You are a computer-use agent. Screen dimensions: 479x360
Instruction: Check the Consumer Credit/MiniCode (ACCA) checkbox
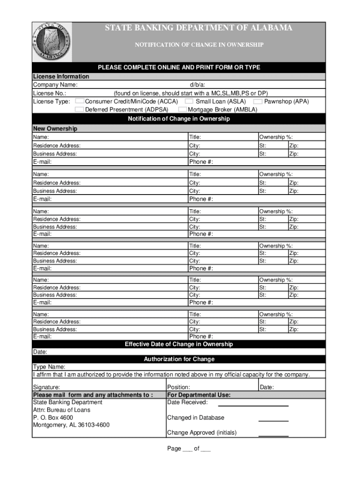80,101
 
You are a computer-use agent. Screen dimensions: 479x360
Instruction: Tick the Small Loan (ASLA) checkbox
189,101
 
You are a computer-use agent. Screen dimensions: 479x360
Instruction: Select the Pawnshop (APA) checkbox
258,101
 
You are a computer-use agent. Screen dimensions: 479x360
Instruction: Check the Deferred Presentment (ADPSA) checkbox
80,109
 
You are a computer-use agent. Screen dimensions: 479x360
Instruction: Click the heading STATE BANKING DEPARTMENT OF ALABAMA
199,28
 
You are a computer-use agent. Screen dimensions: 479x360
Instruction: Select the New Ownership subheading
55,129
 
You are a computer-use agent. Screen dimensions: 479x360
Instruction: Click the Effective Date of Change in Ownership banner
179,344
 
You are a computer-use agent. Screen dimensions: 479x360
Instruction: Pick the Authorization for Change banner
179,359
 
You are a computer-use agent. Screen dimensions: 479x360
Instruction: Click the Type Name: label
49,367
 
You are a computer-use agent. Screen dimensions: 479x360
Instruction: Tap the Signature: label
46,387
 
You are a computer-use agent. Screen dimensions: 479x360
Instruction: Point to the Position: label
179,387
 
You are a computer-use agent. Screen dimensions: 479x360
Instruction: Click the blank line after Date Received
253,405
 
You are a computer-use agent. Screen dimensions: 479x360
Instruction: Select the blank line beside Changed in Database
274,420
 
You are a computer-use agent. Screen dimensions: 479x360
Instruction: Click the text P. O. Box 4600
53,417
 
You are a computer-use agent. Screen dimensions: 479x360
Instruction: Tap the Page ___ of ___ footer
189,449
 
